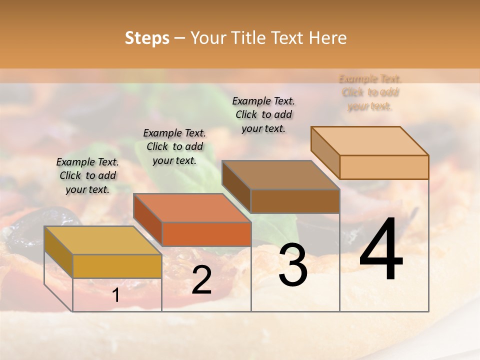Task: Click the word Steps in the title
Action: [x=146, y=38]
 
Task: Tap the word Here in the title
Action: [x=327, y=38]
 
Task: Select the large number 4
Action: [x=381, y=250]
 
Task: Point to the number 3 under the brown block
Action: [x=293, y=265]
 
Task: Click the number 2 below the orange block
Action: [x=201, y=280]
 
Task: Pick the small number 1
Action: [x=116, y=295]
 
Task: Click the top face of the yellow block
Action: [x=102, y=240]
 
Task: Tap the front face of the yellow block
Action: [x=117, y=266]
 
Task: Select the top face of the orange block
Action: [x=192, y=208]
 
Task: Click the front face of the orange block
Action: [x=206, y=234]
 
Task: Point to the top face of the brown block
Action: [x=280, y=175]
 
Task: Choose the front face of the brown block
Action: [x=295, y=201]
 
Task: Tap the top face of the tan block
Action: [x=369, y=141]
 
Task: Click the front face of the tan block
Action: [x=384, y=167]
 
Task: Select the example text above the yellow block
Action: [x=87, y=175]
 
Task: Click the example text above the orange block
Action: [x=174, y=146]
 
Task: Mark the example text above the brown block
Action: [x=263, y=114]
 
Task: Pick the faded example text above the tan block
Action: [x=370, y=92]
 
